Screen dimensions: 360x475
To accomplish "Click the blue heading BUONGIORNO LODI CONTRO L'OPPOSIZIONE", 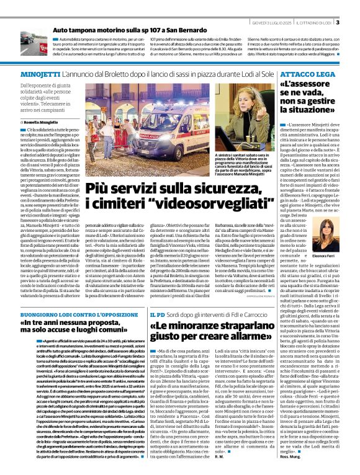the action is point(76,314).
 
